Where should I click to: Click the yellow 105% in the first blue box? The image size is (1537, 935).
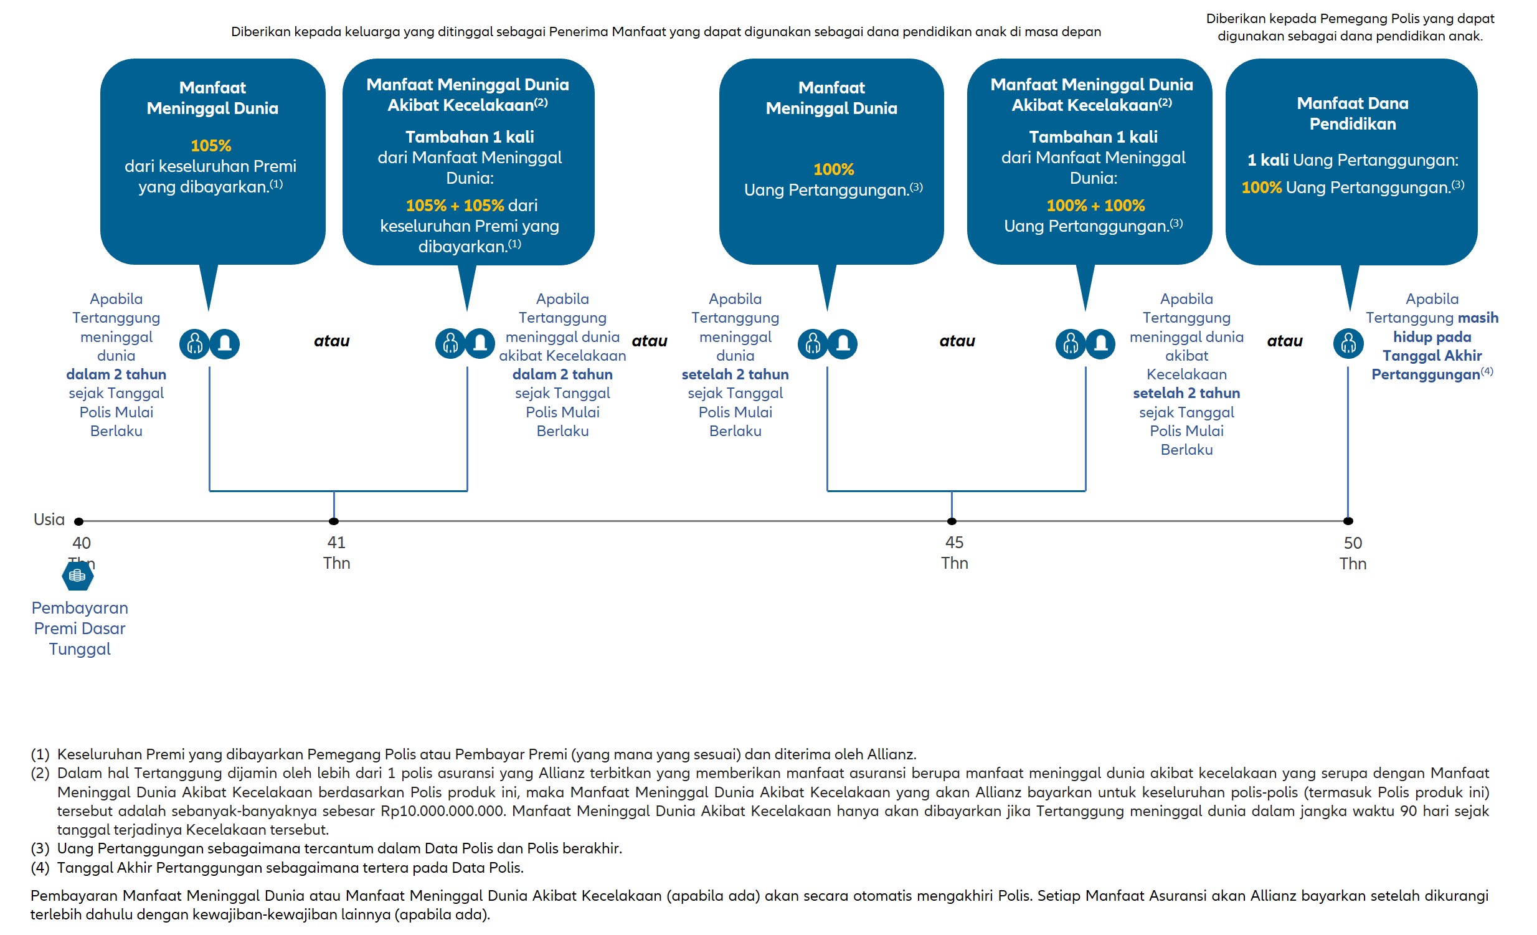(x=211, y=146)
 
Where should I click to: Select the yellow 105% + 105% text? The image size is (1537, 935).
(x=455, y=206)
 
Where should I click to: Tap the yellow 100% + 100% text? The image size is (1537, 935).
(x=1095, y=206)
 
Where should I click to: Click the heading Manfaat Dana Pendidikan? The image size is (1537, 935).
(x=1352, y=113)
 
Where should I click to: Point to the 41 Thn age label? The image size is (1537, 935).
(x=336, y=553)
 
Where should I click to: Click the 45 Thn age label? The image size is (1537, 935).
(x=953, y=553)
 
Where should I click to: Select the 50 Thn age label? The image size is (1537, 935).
(x=1352, y=553)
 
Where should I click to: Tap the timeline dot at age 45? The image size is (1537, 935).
(x=951, y=521)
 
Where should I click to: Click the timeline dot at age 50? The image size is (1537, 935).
(x=1348, y=521)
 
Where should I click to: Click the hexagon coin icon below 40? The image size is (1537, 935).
(x=78, y=576)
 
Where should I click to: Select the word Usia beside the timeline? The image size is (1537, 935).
(x=49, y=520)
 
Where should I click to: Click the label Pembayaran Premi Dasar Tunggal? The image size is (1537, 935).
(x=80, y=628)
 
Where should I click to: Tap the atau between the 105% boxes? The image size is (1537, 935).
(x=331, y=341)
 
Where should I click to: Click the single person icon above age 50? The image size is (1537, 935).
(x=1348, y=344)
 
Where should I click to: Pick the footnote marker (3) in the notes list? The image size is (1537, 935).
(x=40, y=848)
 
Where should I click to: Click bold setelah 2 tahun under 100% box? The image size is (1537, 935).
(x=735, y=374)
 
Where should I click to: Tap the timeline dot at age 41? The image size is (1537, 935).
(x=334, y=521)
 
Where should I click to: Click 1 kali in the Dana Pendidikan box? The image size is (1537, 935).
(x=1267, y=160)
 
